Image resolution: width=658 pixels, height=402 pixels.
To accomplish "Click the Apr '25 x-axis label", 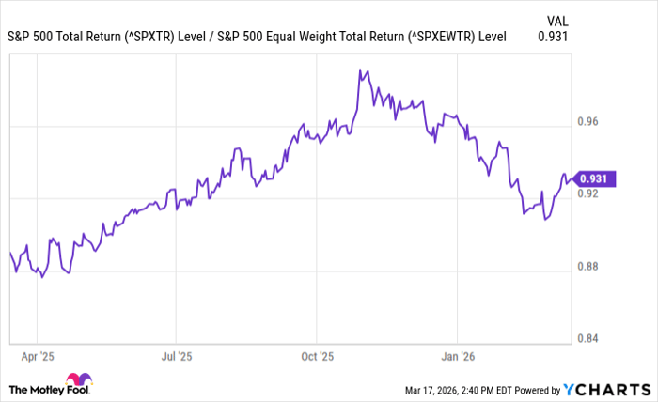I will click(x=37, y=357).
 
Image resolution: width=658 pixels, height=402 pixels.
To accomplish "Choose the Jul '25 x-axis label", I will click(x=176, y=357).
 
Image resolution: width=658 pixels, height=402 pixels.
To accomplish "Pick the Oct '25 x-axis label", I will click(x=317, y=357).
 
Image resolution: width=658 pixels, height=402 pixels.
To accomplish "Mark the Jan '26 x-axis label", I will click(x=457, y=357).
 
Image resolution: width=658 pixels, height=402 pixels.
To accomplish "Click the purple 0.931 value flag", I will click(x=596, y=178).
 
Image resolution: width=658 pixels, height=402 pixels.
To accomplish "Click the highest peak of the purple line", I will click(x=360, y=70).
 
